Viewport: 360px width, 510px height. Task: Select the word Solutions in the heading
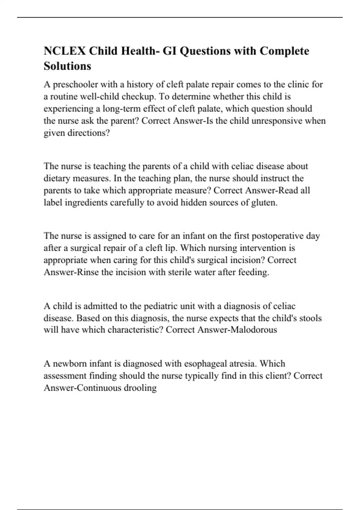coord(67,66)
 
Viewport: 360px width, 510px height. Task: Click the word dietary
coord(56,178)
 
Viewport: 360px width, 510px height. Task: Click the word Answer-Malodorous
coord(237,330)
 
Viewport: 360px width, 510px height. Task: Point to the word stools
coord(310,318)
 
